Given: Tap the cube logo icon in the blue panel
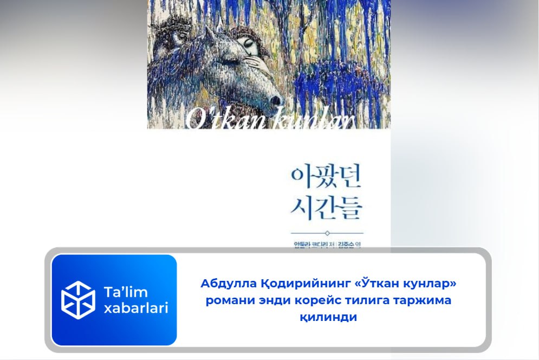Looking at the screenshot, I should [78, 300].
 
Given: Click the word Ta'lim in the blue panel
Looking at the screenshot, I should [126, 292].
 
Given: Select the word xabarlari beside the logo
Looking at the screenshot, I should [135, 308].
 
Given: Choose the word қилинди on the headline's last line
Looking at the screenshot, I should [328, 317].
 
